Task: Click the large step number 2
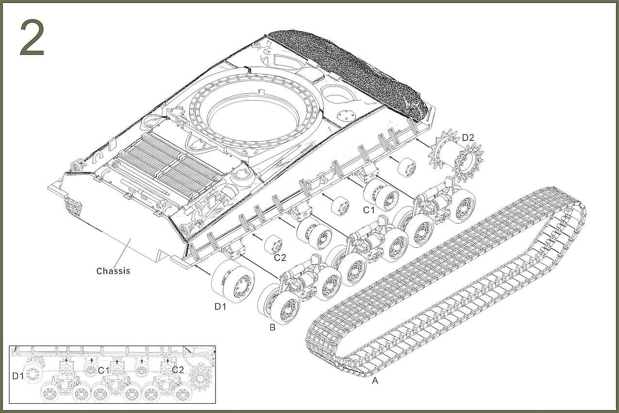32,38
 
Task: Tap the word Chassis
113,271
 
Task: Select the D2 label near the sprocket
468,138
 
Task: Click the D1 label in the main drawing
220,307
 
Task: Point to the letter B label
272,327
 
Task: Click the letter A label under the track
375,380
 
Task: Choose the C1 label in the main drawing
369,210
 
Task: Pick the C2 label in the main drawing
280,258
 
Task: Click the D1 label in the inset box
18,376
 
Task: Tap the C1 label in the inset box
104,371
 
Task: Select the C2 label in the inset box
178,370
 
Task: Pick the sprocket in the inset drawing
201,376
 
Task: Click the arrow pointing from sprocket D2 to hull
423,143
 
